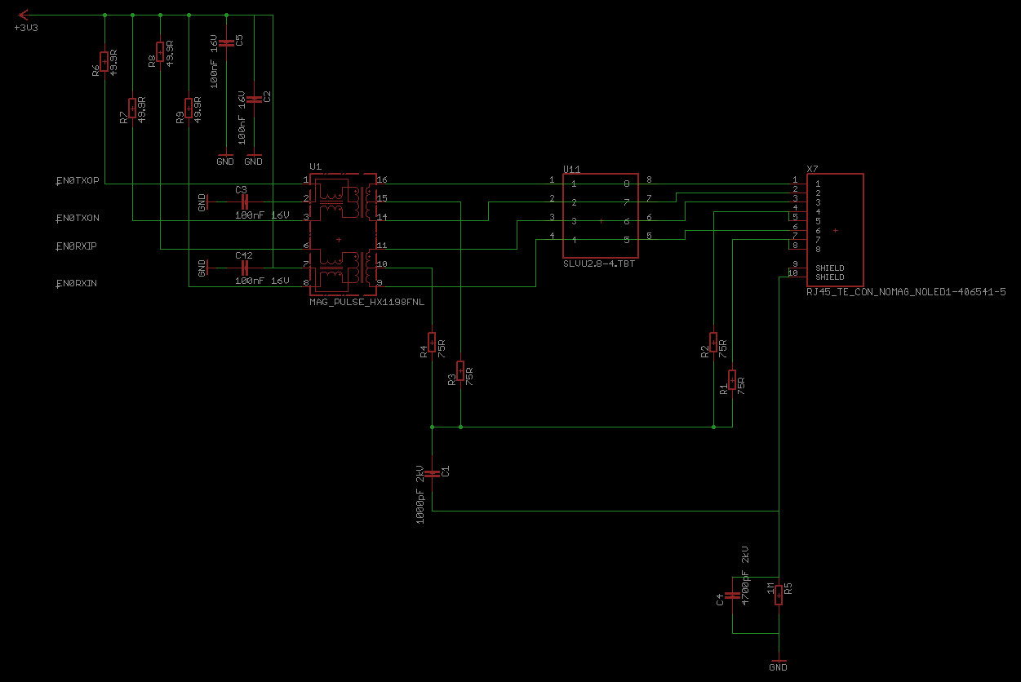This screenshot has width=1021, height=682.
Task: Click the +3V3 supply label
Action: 26,28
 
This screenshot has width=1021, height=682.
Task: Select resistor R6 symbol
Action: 105,61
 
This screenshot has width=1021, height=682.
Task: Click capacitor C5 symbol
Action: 226,41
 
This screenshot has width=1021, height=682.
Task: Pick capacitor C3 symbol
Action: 242,199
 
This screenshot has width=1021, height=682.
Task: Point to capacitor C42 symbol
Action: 242,265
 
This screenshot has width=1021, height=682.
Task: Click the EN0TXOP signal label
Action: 78,180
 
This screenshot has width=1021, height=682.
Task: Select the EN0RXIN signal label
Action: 78,283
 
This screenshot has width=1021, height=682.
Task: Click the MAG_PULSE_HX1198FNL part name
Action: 366,301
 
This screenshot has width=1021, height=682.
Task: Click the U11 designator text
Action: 571,169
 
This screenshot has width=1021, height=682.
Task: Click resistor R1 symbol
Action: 732,380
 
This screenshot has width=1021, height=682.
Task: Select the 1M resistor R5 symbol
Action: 779,594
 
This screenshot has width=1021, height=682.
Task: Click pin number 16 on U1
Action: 382,179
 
